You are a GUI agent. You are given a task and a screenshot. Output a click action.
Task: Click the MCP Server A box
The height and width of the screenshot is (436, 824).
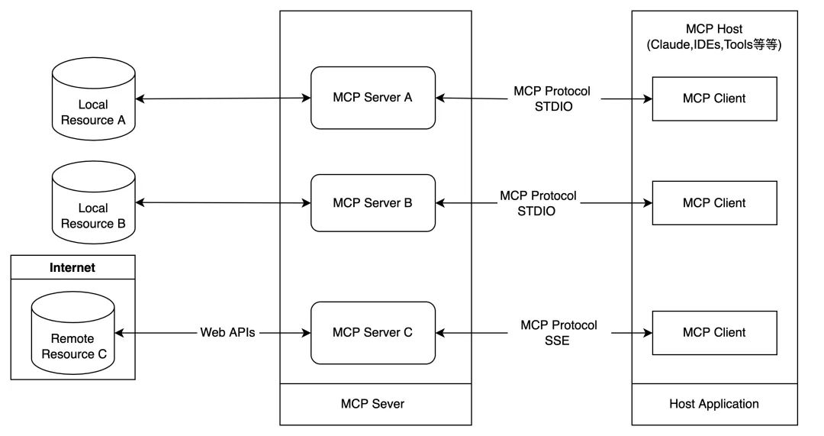[x=372, y=98]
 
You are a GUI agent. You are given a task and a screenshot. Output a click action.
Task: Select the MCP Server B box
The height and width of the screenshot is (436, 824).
[x=372, y=203]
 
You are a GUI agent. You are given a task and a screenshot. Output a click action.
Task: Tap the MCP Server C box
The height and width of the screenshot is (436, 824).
[x=372, y=332]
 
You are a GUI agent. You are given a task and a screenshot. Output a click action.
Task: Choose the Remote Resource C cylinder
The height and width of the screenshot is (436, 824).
[x=73, y=339]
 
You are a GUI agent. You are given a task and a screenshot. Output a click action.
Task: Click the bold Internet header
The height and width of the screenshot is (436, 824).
[x=72, y=267]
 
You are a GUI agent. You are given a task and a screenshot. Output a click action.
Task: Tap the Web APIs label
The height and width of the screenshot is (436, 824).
[x=227, y=332]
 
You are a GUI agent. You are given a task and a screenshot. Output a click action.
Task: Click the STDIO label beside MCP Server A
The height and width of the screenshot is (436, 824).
[x=552, y=107]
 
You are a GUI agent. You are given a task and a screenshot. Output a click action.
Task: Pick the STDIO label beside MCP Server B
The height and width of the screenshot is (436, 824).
[x=538, y=211]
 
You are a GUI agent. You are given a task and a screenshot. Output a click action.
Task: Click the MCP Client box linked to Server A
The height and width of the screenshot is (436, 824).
[x=714, y=98]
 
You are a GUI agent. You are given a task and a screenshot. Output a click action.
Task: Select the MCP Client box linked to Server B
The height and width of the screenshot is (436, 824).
[x=714, y=202]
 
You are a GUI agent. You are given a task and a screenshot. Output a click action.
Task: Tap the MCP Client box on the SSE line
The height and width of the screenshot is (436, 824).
[x=714, y=332]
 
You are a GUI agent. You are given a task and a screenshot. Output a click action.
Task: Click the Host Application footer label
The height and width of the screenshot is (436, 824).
[x=714, y=403]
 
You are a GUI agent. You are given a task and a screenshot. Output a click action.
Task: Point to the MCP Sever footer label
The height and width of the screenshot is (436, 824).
[x=372, y=403]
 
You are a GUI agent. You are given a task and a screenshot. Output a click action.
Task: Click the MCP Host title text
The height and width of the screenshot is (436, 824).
[x=714, y=28]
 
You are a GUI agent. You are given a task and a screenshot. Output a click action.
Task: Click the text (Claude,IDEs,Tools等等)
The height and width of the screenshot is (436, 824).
[x=714, y=44]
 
